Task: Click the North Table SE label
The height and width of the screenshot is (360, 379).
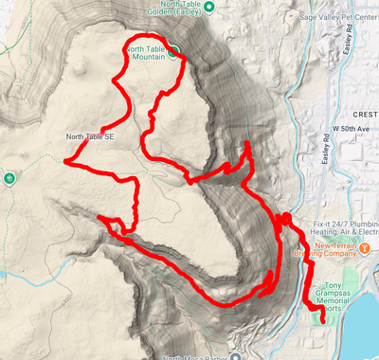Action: [x=90, y=136]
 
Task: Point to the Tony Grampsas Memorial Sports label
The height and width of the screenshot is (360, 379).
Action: [x=347, y=295]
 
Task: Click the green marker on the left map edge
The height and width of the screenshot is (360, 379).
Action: [x=10, y=177]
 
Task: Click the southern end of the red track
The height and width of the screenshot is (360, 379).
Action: [x=324, y=322]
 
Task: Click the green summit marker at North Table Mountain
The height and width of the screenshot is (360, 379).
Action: [x=175, y=55]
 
